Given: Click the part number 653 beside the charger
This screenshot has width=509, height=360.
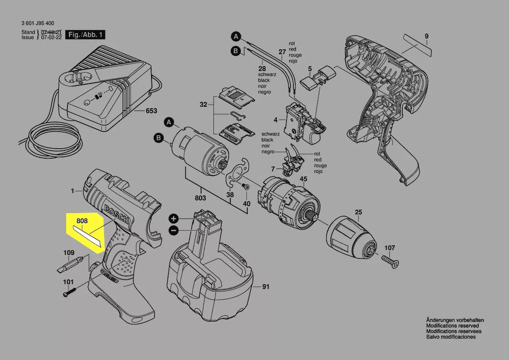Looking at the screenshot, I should coord(151,111).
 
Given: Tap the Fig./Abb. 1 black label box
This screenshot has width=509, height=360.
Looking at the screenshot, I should coord(85,35).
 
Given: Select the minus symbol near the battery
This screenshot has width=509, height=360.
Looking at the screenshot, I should coord(173,230).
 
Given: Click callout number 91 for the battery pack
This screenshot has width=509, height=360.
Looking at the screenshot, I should coord(266,287).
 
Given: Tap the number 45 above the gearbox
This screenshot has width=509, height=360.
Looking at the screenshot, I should coord(303,179).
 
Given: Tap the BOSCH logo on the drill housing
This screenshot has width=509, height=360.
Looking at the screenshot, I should coord(116,213).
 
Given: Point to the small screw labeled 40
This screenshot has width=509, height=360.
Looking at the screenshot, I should coord(245,187).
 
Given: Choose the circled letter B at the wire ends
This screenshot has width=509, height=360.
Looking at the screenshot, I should coord(235,51).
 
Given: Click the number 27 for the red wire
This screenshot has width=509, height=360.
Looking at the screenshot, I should coord(282,52).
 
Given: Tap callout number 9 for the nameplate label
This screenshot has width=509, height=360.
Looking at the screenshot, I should coord(427,36).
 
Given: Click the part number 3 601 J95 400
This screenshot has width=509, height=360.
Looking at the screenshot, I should coord(37,24).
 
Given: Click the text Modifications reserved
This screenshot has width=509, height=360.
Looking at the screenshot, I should coord(452,326).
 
